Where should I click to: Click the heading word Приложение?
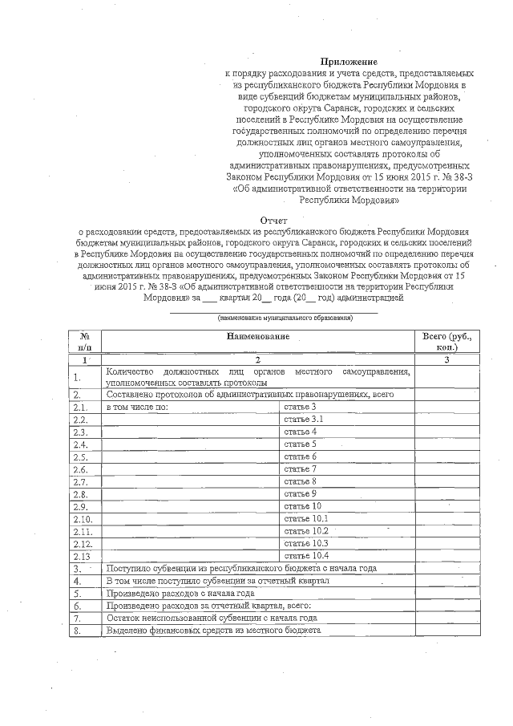[349, 61]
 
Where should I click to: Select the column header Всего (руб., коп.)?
[446, 343]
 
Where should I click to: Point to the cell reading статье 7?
[301, 468]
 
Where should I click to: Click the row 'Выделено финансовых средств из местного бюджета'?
[213, 631]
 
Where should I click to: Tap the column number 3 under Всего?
[446, 360]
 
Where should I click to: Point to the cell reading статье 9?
[301, 493]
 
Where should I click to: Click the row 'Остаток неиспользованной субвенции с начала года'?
[212, 619]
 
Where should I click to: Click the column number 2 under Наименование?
[257, 360]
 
